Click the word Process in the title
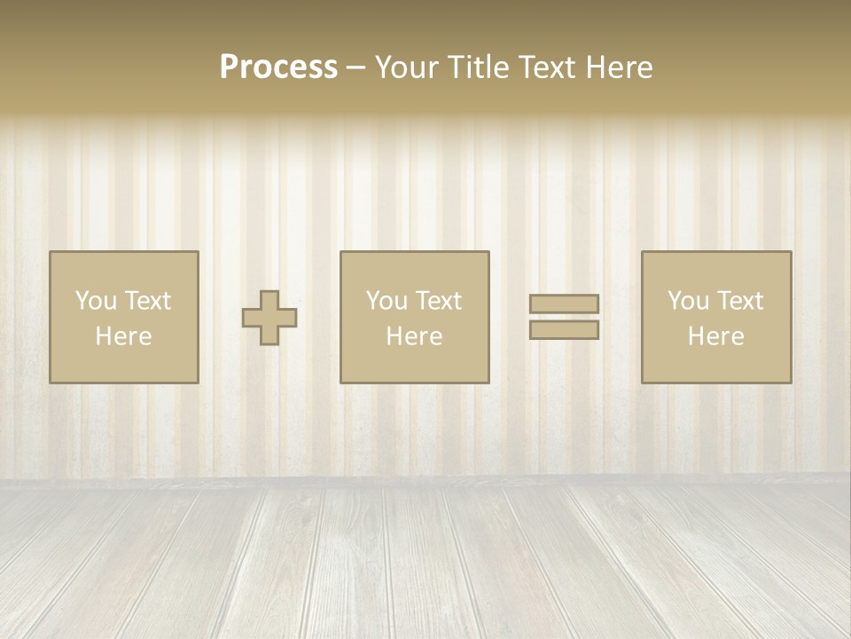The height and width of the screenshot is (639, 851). [x=278, y=67]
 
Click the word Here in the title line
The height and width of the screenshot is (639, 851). [x=619, y=67]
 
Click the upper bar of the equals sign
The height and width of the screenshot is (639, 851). [x=564, y=304]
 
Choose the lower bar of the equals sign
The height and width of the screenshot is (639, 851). [x=564, y=330]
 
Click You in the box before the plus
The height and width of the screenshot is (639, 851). [x=96, y=301]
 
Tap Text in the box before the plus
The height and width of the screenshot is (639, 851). [x=146, y=301]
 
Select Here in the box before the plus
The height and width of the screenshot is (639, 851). [x=123, y=336]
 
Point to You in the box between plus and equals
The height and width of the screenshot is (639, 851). [x=386, y=301]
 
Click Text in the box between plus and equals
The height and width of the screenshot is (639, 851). [x=438, y=301]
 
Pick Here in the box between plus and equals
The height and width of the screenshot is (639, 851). [x=414, y=336]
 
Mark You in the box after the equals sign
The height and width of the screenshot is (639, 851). [x=688, y=301]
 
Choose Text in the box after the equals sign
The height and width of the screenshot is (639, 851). [x=739, y=301]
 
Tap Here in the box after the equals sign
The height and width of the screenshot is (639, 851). [x=715, y=336]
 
